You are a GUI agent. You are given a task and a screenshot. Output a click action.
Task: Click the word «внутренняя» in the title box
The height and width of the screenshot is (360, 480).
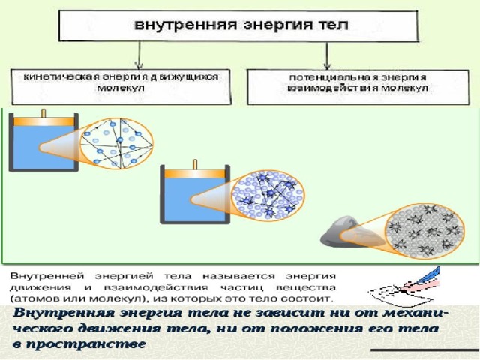click(x=186, y=25)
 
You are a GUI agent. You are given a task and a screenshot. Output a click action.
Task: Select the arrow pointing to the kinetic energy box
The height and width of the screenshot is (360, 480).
click(x=139, y=55)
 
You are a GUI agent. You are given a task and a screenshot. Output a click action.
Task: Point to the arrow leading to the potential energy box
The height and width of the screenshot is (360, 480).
click(x=327, y=55)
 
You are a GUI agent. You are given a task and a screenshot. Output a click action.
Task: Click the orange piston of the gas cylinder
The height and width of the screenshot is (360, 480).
click(x=43, y=121)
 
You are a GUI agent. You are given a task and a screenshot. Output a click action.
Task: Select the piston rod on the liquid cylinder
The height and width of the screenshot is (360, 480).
click(x=195, y=164)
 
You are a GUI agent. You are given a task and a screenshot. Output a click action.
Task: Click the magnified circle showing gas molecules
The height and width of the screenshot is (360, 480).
click(x=117, y=143)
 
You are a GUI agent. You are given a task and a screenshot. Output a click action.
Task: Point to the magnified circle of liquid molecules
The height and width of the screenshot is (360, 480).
click(x=268, y=195)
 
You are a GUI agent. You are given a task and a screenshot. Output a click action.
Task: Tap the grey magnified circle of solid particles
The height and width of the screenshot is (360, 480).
click(x=425, y=231)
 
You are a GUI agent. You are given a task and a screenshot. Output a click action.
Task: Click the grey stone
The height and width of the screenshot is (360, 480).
click(x=340, y=232)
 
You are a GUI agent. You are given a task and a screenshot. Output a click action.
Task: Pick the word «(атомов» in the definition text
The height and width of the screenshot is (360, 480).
click(x=31, y=298)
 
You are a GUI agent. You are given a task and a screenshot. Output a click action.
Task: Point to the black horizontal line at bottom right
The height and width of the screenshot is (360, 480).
click(x=425, y=349)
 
